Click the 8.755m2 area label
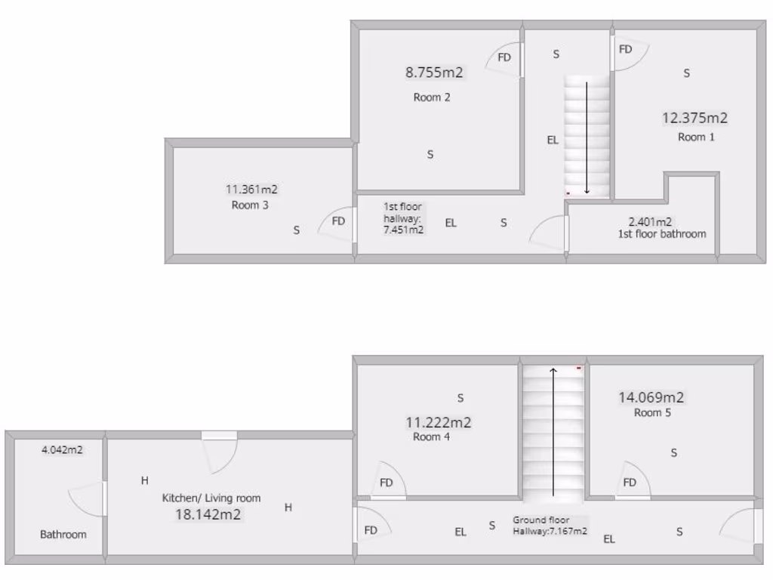[434, 72]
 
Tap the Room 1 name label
[696, 137]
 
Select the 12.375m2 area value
[694, 118]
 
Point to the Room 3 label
[250, 205]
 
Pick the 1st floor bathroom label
[661, 233]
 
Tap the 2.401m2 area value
[650, 222]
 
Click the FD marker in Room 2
[504, 57]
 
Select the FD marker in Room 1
[626, 49]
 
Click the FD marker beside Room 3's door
[338, 221]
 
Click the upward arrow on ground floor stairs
[553, 430]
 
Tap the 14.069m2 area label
[651, 397]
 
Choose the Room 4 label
[432, 437]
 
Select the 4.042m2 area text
[62, 450]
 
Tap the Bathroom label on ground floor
[63, 534]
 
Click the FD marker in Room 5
[629, 483]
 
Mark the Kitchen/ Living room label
[211, 498]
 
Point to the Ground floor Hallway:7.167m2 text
[550, 526]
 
